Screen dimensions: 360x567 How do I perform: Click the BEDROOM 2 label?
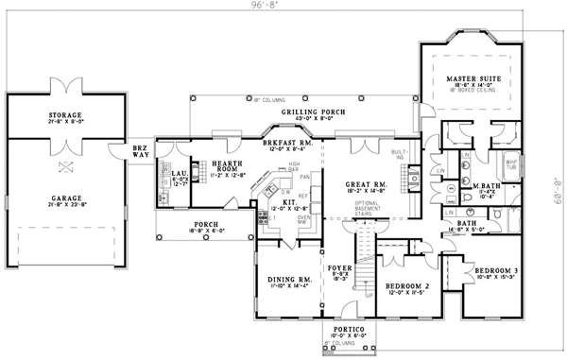click(x=408, y=285)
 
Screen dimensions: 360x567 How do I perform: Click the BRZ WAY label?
click(x=140, y=152)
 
